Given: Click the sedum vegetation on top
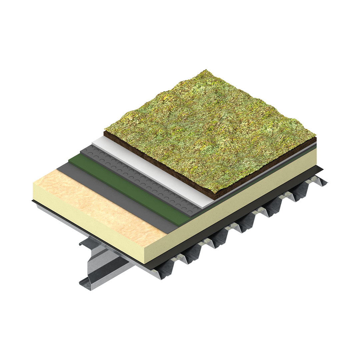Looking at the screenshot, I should pyautogui.click(x=210, y=130).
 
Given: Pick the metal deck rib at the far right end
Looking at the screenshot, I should pyautogui.click(x=317, y=182).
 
